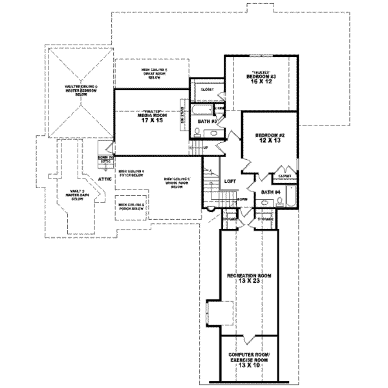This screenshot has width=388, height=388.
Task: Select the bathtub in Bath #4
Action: [x=290, y=197]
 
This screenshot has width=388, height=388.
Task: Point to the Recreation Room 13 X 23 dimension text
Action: [x=248, y=281]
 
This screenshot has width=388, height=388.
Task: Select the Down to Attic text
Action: [x=105, y=159]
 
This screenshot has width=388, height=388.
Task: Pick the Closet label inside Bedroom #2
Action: [x=285, y=175]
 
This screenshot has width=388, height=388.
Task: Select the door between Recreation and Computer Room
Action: [x=247, y=338]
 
